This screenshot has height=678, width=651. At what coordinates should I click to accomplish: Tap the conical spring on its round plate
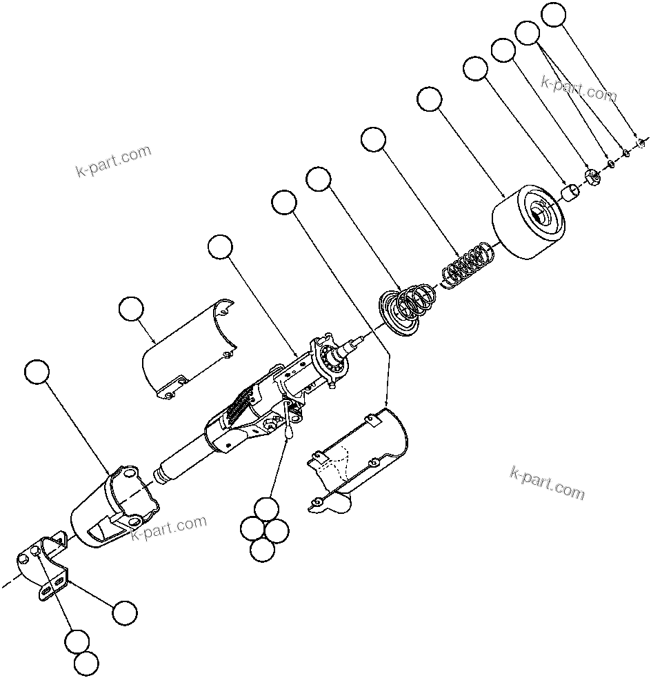click(x=407, y=308)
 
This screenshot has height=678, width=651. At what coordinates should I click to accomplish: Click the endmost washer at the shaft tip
click(x=640, y=143)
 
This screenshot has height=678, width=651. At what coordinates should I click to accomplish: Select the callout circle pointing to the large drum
click(x=430, y=99)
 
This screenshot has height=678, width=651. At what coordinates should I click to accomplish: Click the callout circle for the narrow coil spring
click(x=373, y=139)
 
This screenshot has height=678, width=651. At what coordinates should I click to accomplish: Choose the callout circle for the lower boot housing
click(x=37, y=372)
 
